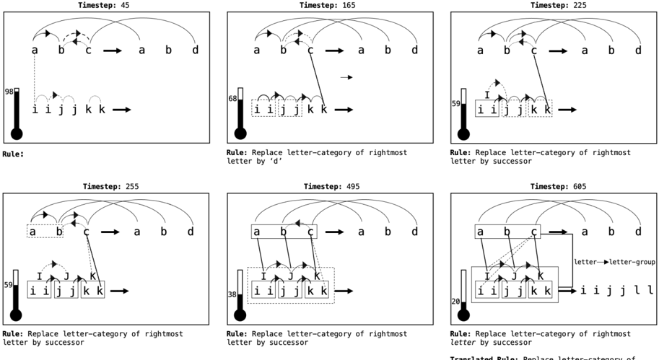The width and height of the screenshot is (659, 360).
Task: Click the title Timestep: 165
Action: pyautogui.click(x=328, y=5)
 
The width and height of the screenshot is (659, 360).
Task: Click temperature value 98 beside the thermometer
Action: pyautogui.click(x=9, y=92)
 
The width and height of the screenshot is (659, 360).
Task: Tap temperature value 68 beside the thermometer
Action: pyautogui.click(x=233, y=99)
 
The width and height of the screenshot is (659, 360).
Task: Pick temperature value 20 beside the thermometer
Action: pyautogui.click(x=456, y=302)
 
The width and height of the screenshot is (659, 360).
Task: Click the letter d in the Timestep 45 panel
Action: pyautogui.click(x=195, y=50)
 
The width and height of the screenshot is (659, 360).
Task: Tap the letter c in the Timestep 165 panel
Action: pyautogui.click(x=310, y=50)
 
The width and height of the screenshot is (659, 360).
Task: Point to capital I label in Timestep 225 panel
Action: pyautogui.click(x=487, y=95)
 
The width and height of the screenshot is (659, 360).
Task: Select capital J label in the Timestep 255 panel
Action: pyautogui.click(x=66, y=276)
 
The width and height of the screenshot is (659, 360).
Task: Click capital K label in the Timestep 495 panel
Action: pyautogui.click(x=316, y=276)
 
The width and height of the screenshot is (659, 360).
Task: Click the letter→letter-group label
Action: pyautogui.click(x=614, y=262)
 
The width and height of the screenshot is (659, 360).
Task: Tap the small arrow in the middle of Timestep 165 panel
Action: pyautogui.click(x=346, y=77)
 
